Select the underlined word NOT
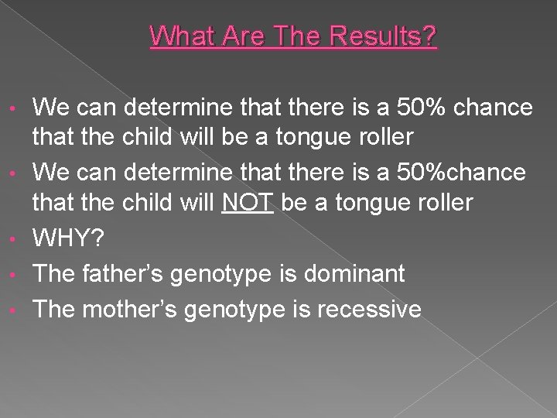(248, 203)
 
